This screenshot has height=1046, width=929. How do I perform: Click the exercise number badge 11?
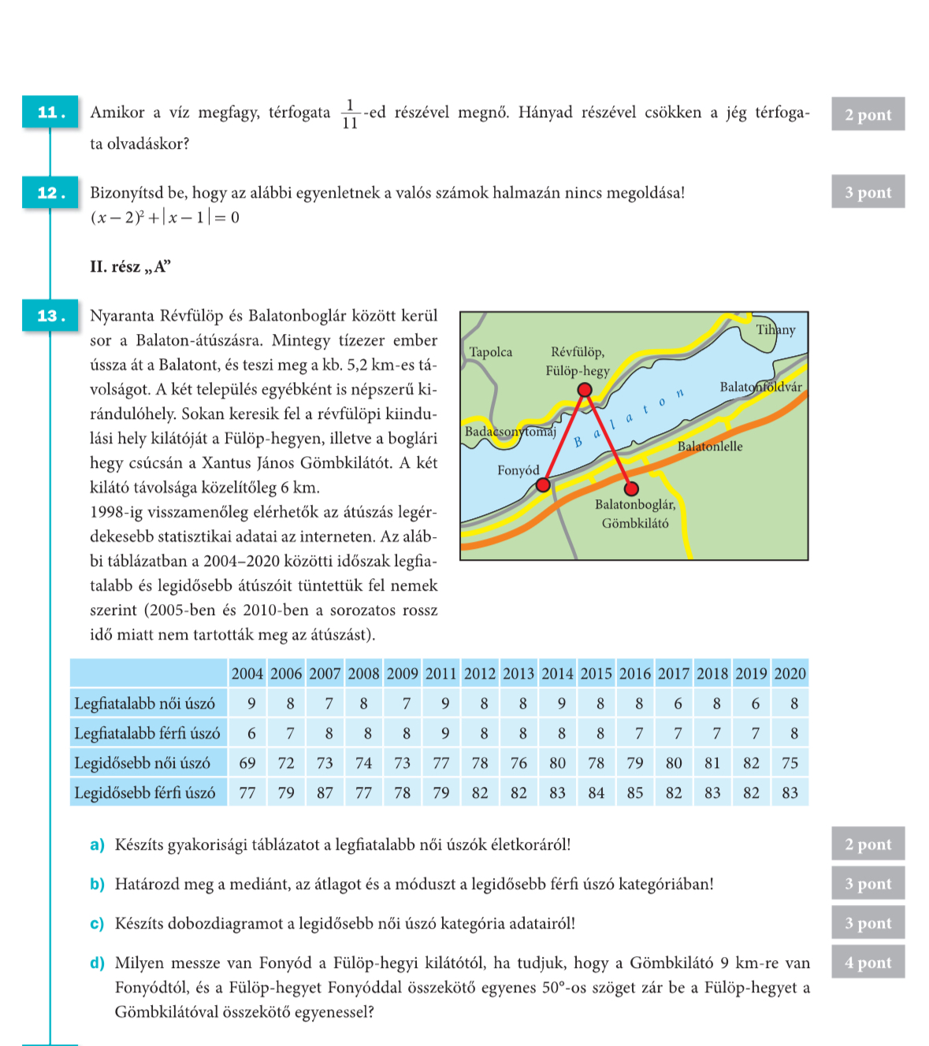[x=50, y=113]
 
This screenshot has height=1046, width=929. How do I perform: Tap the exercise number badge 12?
[x=50, y=192]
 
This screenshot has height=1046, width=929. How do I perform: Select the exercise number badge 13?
[x=50, y=315]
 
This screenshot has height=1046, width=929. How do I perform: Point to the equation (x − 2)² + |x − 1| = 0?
[x=165, y=217]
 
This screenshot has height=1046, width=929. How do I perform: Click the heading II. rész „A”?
[x=130, y=266]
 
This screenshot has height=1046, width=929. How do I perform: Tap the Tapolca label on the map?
[x=490, y=352]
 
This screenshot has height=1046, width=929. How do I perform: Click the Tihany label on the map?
[x=775, y=329]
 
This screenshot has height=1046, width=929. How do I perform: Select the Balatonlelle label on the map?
[x=709, y=447]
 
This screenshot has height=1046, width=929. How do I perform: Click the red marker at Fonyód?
[x=543, y=484]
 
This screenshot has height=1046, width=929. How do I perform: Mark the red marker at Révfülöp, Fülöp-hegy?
[x=585, y=389]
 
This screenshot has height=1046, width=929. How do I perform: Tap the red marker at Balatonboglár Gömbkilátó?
[x=631, y=488]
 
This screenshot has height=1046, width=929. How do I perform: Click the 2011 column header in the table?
[x=441, y=673]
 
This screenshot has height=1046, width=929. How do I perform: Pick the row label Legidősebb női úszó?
[x=143, y=762]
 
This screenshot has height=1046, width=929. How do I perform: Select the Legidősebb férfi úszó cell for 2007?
[x=325, y=792]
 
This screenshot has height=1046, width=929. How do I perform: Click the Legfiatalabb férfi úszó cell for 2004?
[x=251, y=733]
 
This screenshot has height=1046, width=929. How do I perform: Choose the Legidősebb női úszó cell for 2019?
[x=751, y=762]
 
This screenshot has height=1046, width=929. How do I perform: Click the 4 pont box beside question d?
[x=868, y=963]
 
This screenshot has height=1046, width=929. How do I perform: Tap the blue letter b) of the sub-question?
[x=97, y=884]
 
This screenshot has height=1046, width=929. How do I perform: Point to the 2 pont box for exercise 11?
[x=868, y=114]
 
